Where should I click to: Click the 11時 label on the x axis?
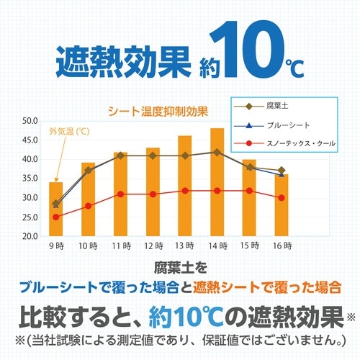[120, 247]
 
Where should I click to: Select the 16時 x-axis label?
[282, 247]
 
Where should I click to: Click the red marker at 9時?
[56, 217]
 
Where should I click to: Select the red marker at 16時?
[282, 197]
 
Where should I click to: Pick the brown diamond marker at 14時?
[217, 152]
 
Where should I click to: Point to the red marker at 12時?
[153, 194]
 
